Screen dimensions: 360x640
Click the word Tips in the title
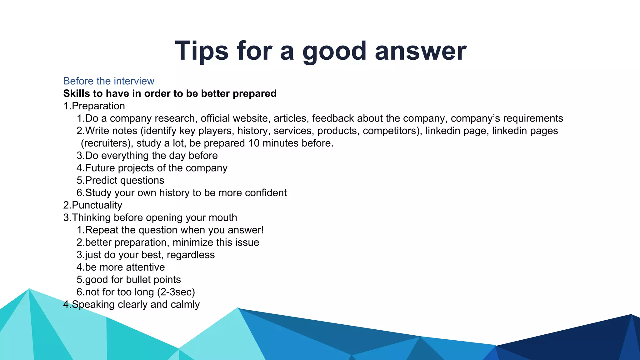point(202,51)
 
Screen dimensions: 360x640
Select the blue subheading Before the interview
point(109,81)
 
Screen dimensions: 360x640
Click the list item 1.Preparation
point(94,106)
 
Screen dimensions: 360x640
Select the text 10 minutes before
point(291,143)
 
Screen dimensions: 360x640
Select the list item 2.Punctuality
point(93,205)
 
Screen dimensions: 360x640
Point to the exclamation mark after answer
point(262,230)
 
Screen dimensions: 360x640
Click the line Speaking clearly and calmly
point(132,304)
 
